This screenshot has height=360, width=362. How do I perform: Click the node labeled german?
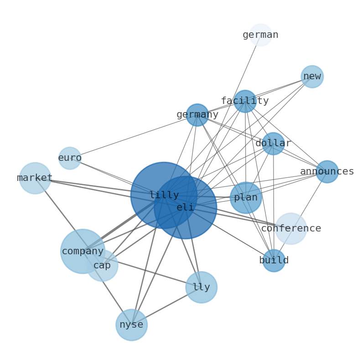coord(261,35)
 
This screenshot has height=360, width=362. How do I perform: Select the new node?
coord(312,77)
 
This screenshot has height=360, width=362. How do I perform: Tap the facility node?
coord(245,101)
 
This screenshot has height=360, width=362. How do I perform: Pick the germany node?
coord(197,115)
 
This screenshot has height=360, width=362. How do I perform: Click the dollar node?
coord(273,144)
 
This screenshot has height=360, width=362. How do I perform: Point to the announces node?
coord(327,172)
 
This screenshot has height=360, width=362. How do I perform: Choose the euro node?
coord(70,158)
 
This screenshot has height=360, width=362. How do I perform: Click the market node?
coord(35,178)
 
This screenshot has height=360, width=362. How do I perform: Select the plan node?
coord(246,198)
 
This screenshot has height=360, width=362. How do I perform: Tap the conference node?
coord(291,228)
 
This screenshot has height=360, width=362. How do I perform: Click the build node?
coord(274,261)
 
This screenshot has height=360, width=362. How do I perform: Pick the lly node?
coord(202,287)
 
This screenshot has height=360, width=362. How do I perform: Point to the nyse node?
coord(132,325)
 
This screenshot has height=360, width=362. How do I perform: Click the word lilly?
coord(164,195)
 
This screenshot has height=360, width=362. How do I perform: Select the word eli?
coord(185,207)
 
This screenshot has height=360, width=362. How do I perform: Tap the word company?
coord(83,251)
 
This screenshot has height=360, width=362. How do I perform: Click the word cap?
coord(102,265)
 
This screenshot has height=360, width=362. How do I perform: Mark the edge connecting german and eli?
coord(223,121)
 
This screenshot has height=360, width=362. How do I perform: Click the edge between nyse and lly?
coord(166,306)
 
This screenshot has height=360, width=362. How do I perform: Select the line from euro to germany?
coord(134,136)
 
